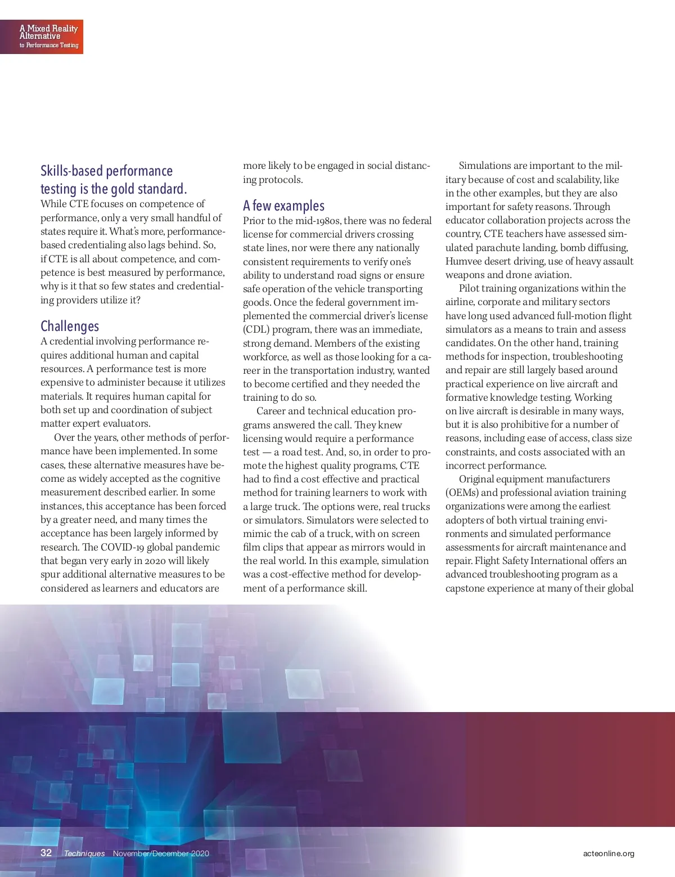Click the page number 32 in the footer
[46, 853]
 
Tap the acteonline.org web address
[609, 853]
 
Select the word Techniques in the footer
[84, 853]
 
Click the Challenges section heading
[70, 326]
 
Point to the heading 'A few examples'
[283, 205]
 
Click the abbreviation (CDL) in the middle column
[255, 330]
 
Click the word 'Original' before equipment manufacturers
[477, 479]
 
